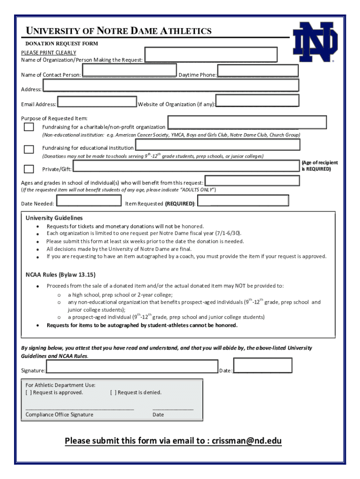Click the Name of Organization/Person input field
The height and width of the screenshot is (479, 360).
coord(211,54)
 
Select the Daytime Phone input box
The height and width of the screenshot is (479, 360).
coord(258,71)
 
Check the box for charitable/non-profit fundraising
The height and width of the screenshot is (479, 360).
coord(29,127)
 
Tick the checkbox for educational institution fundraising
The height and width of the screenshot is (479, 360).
coord(29,149)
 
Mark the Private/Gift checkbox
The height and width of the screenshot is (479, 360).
coord(29,169)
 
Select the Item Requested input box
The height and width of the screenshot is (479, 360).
coord(243,201)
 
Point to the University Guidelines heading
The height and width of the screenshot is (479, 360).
coord(54,218)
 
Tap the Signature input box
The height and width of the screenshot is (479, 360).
coord(131,367)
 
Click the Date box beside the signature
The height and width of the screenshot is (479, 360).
coord(262,365)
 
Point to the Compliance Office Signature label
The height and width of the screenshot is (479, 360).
coord(59,414)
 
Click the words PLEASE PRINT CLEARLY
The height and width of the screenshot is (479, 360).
coord(49,52)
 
